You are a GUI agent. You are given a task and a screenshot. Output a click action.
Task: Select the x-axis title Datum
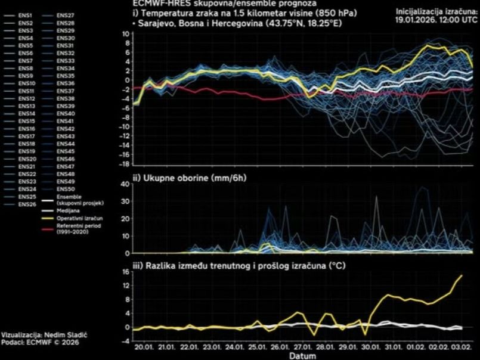tap(303, 356)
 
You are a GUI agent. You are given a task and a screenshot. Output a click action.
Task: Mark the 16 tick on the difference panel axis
tap(125, 271)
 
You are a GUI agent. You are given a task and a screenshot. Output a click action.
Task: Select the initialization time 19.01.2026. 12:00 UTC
tap(436, 18)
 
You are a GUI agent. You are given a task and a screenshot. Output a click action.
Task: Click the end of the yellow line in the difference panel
tap(462, 275)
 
